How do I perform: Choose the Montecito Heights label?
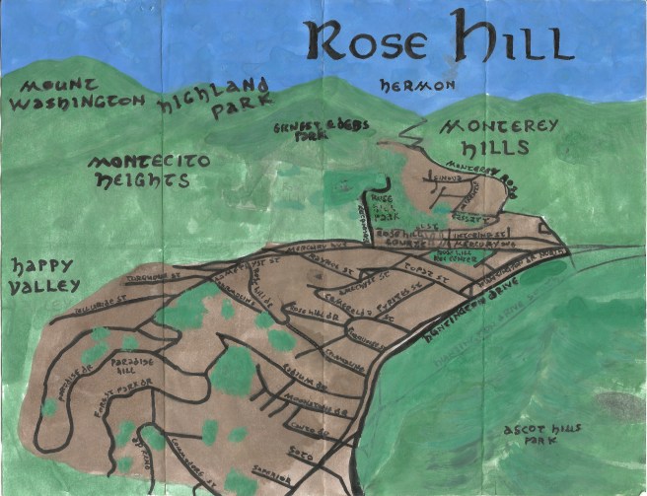point(138,172)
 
